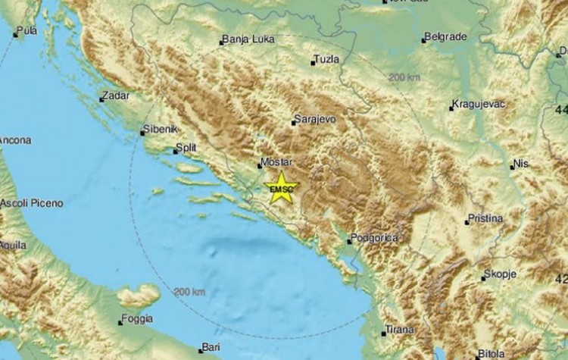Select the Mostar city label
tap(276, 161)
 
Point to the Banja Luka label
tap(248, 39)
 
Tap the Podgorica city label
tap(375, 239)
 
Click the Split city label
tap(189, 149)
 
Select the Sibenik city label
tap(160, 131)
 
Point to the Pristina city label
tap(486, 218)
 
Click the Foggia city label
tap(139, 319)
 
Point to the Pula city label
tap(27, 31)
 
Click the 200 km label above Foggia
tap(189, 291)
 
